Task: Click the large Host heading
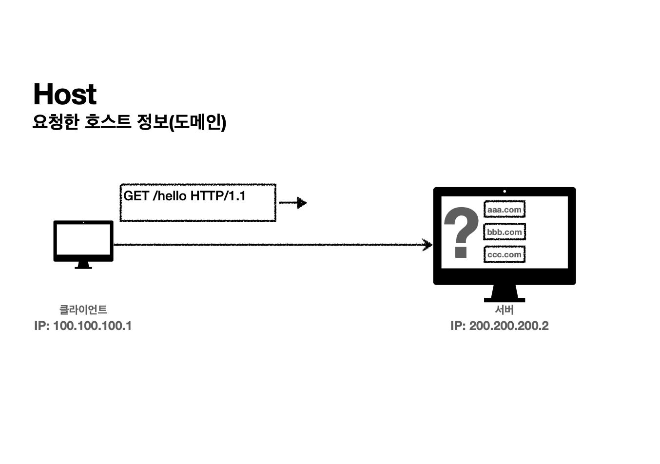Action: point(65,94)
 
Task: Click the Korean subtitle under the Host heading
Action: point(129,122)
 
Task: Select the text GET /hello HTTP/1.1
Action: point(184,196)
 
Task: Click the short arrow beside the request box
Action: point(292,203)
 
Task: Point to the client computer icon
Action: point(83,242)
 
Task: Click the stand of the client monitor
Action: point(83,265)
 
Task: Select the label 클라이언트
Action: point(83,309)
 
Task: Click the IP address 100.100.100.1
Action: point(83,326)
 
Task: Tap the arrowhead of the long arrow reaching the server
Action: point(427,245)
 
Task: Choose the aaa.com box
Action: point(505,210)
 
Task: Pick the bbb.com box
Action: point(505,232)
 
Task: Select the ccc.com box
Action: point(505,254)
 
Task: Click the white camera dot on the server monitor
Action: point(505,192)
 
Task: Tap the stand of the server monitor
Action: point(505,293)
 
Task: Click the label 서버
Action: point(505,309)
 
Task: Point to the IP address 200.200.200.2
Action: point(500,326)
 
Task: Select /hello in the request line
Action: point(170,196)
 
